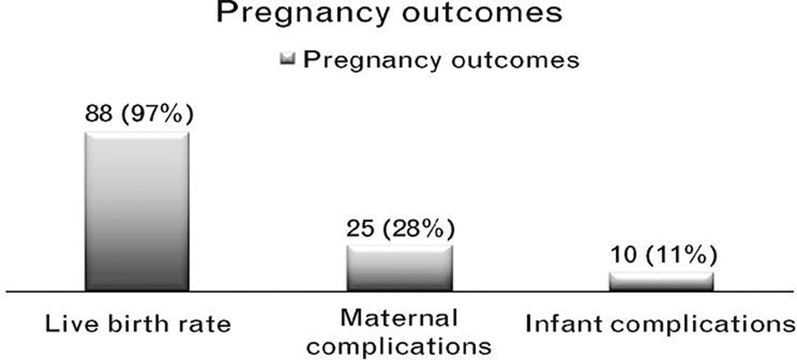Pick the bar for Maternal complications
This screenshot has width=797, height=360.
pos(399,267)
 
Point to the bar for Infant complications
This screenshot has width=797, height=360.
pos(661,280)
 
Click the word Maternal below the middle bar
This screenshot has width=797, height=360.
pos(399,316)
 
